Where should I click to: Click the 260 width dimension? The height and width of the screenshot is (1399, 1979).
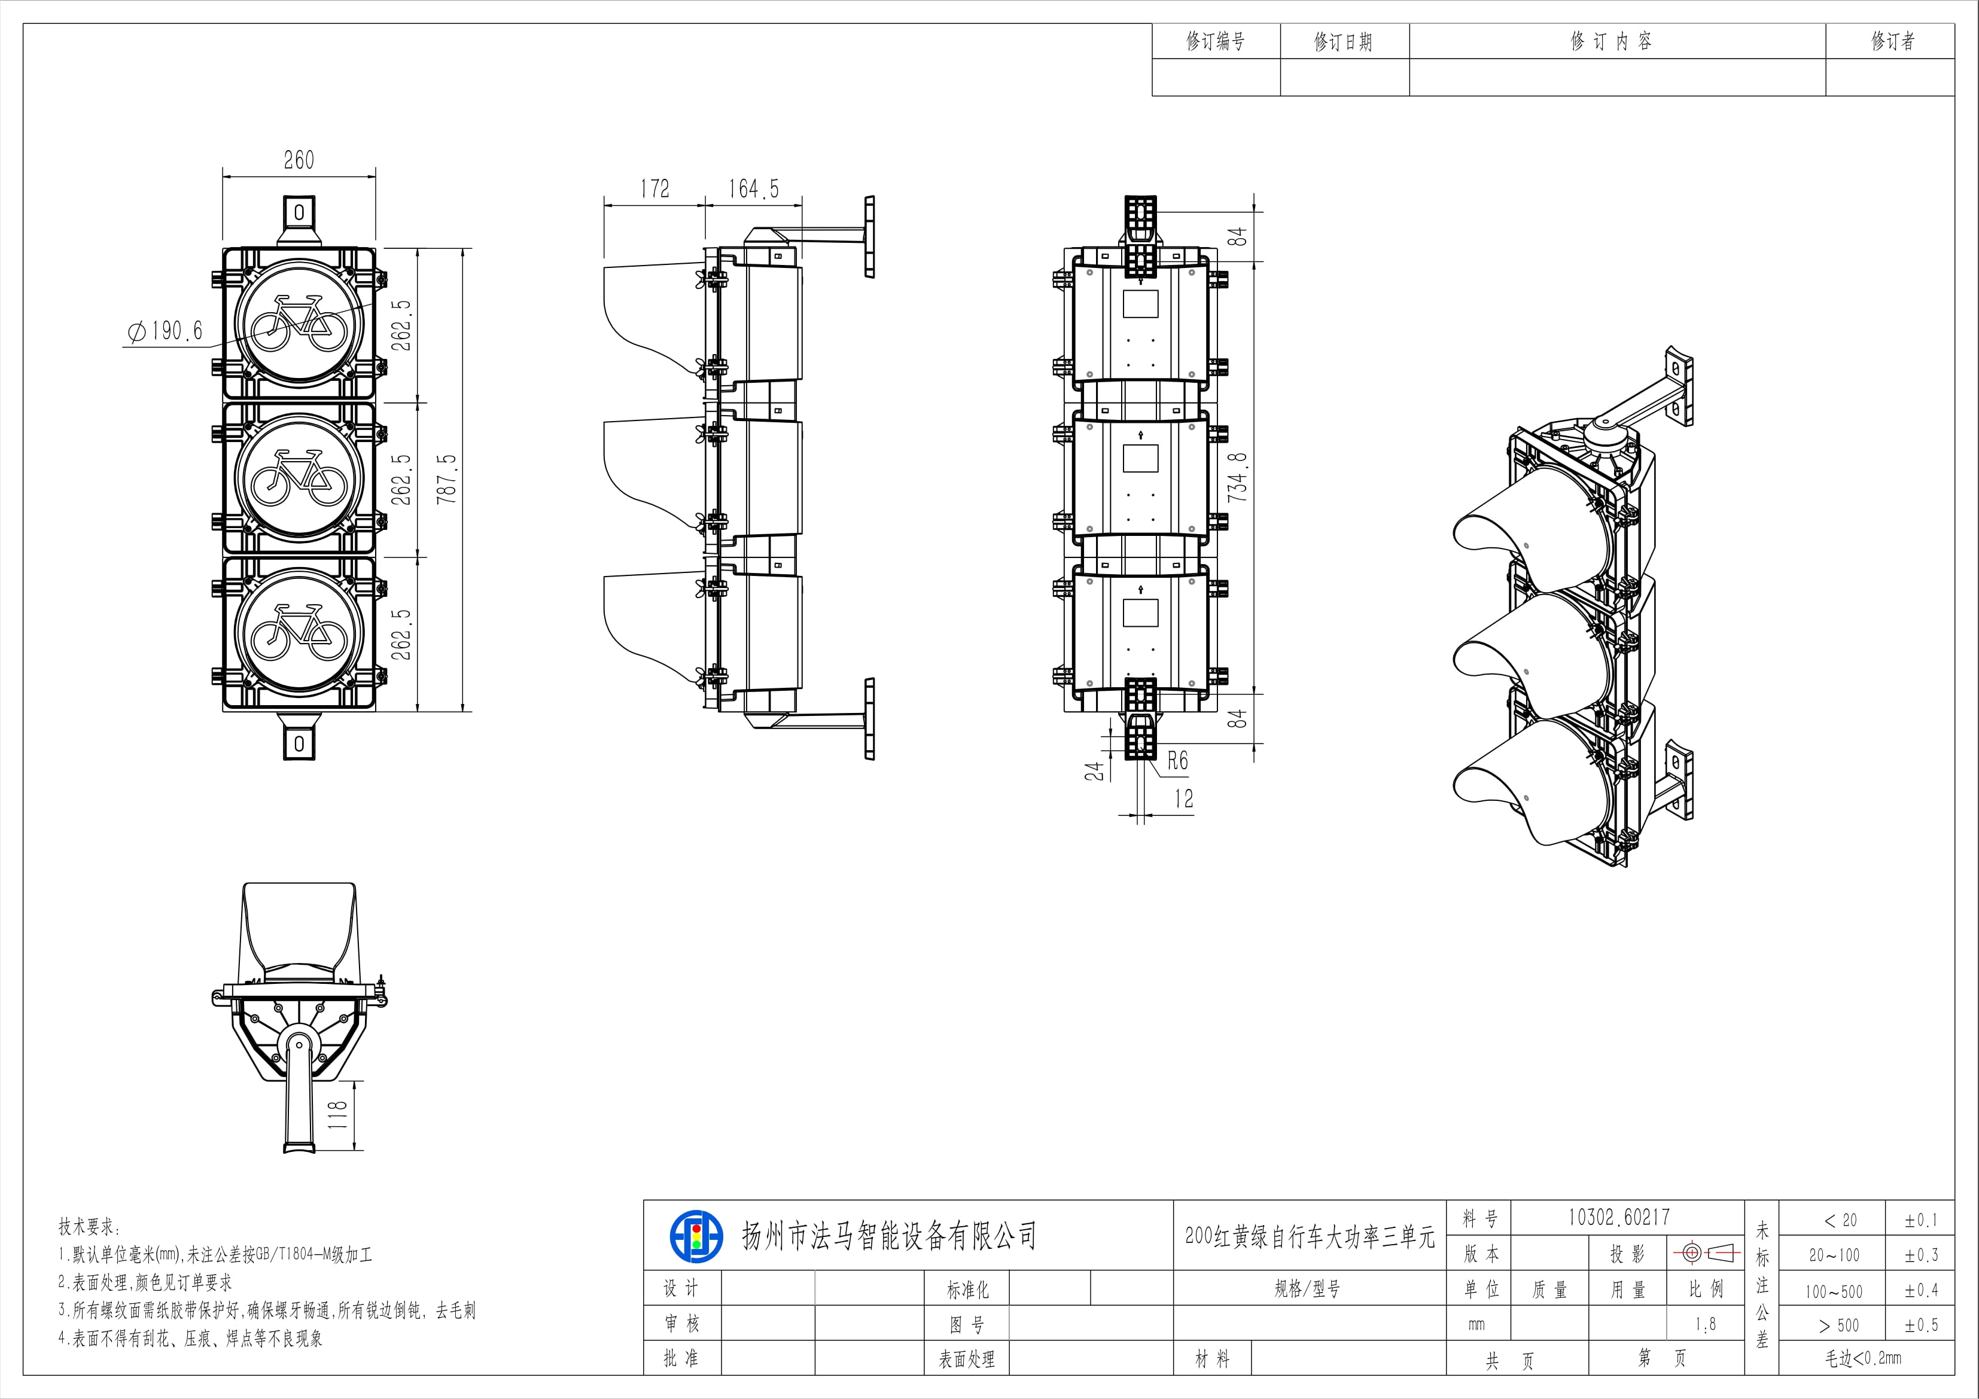[299, 160]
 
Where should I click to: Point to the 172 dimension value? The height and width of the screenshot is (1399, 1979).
[654, 189]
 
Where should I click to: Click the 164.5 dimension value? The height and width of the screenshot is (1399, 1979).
[753, 189]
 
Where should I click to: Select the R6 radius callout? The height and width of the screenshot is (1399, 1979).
[1177, 760]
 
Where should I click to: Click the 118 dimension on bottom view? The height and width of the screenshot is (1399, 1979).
[338, 1114]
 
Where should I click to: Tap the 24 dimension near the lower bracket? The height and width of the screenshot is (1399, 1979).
[1095, 770]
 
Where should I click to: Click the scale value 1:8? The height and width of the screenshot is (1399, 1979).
[1705, 1325]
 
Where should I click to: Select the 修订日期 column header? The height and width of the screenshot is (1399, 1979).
[1343, 41]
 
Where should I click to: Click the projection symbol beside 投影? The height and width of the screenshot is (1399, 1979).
[1707, 1253]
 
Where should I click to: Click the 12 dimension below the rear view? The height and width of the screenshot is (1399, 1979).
[1183, 799]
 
